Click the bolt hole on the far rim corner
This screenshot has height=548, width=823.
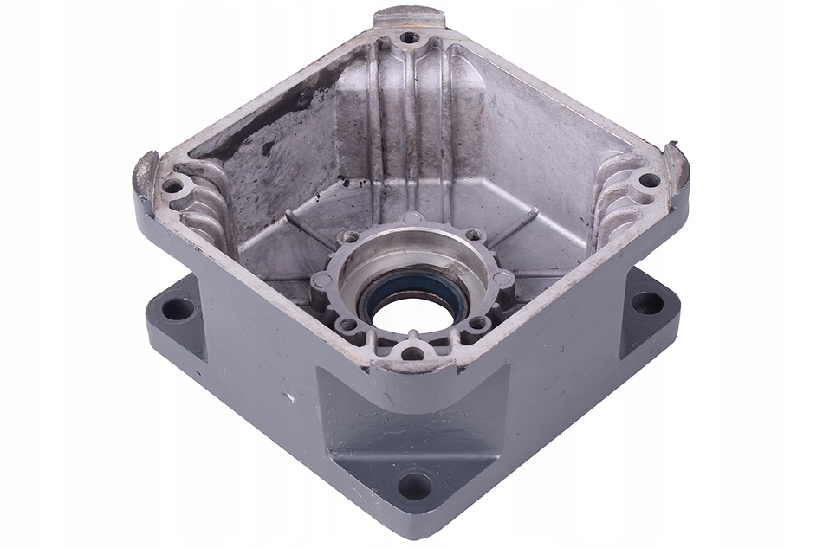(x=408, y=38)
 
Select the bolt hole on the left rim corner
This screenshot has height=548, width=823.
(x=172, y=185)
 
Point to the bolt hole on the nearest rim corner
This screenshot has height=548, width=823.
(x=412, y=352)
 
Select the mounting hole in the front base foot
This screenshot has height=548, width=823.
(x=414, y=486)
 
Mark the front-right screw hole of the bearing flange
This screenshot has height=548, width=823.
(x=477, y=323)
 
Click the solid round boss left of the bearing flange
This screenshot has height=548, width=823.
(x=321, y=280)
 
